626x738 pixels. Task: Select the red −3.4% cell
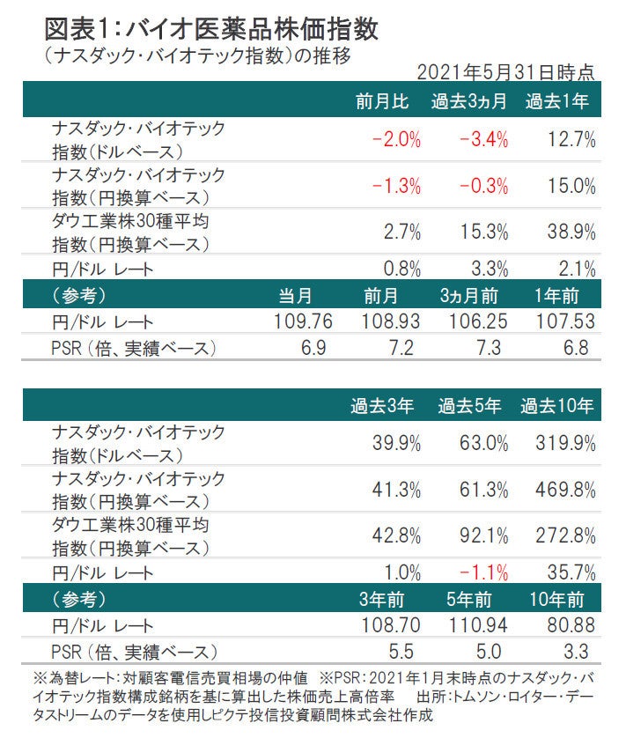482,139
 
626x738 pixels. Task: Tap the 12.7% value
572,139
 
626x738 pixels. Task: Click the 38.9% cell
572,232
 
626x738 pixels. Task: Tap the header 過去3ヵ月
468,100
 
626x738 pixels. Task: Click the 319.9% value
568,444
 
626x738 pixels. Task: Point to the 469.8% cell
568,491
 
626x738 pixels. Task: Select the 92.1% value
483,537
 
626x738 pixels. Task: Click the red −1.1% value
483,572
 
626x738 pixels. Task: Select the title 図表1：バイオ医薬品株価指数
211,28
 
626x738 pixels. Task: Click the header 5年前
470,600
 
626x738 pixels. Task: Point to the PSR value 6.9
313,348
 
